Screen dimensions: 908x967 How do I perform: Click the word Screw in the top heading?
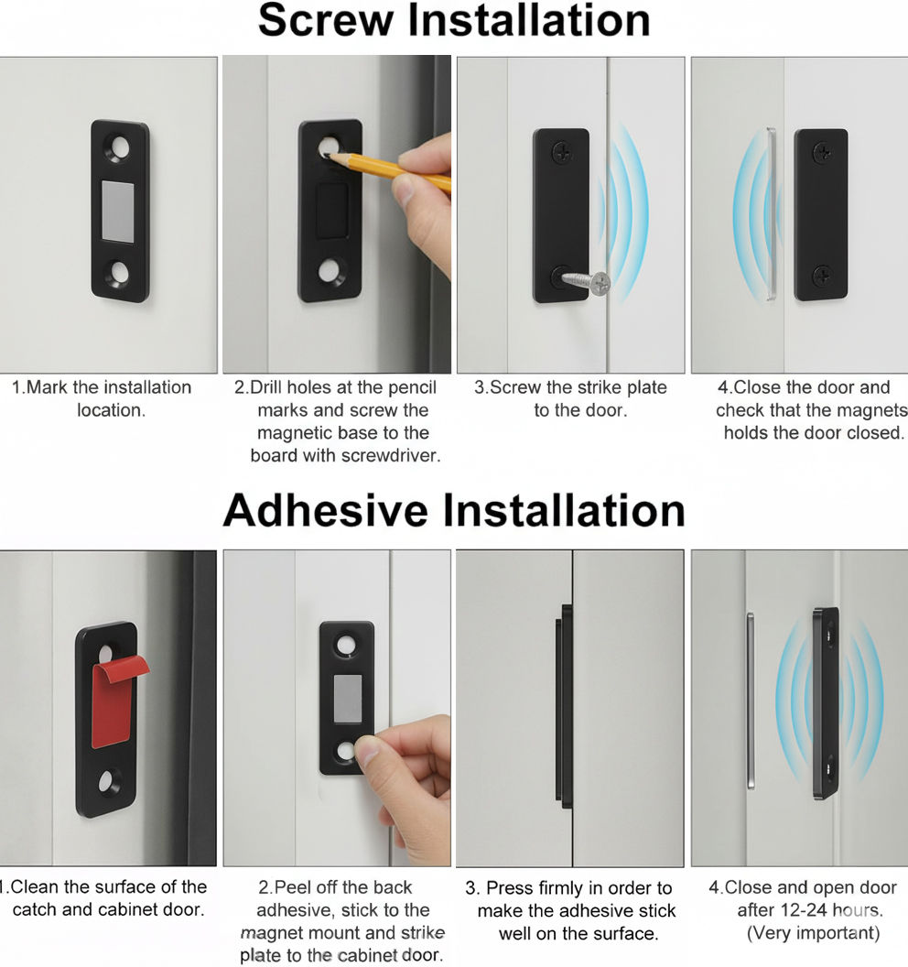point(326,20)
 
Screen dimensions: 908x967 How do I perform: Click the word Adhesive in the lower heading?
point(326,511)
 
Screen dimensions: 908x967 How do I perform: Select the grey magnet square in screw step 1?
point(117,211)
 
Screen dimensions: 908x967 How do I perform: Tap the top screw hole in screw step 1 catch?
point(120,148)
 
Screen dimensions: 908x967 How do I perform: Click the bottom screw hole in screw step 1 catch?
point(120,272)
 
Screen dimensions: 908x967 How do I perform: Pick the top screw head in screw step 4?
point(822,152)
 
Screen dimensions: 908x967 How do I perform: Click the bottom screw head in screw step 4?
point(822,276)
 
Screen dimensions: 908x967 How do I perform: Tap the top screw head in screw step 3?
point(562,152)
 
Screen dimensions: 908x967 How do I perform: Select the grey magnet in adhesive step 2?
point(348,699)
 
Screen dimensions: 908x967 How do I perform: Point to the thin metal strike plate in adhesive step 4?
point(751,701)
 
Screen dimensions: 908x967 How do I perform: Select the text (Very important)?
point(813,933)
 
